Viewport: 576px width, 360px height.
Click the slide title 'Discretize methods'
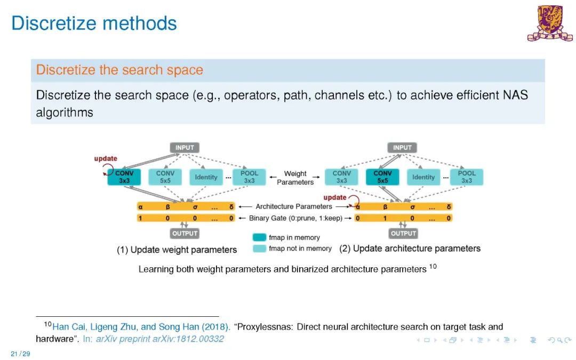94,23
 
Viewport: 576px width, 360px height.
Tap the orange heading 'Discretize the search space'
119,70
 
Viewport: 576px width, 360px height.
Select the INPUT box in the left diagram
185,147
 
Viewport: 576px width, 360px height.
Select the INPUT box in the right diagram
402,147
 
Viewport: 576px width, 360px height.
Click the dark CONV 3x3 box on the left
124,177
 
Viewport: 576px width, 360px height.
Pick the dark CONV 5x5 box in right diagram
382,177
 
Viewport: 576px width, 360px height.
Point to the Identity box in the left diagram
206,177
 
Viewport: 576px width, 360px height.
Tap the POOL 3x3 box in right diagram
467,177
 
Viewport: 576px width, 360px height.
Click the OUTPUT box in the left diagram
185,233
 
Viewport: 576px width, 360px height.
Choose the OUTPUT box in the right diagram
403,233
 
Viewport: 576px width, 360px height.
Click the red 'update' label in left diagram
106,158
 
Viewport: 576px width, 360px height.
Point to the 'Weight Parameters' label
295,178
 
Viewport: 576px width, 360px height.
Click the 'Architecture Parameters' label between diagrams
294,206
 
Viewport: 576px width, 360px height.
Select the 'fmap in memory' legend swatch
260,237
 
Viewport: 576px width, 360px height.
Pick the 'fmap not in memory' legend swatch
260,249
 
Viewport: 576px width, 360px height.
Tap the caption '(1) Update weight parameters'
177,250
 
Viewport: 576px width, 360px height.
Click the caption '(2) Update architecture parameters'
410,249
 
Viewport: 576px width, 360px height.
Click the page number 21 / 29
20,354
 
